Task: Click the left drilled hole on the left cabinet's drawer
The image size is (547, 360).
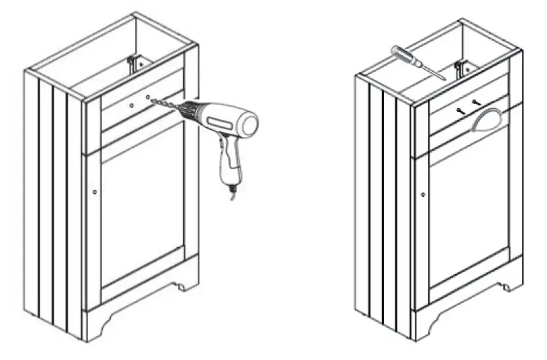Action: click(x=132, y=105)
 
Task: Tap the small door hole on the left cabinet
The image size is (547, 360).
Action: click(x=94, y=192)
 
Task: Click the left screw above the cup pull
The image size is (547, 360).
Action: click(x=459, y=109)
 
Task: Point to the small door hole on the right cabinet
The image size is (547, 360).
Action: click(x=423, y=195)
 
